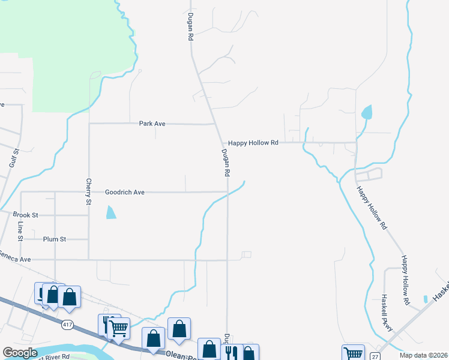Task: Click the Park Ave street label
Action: pos(152,124)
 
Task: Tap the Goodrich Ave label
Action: pos(125,193)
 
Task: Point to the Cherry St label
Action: pos(88,192)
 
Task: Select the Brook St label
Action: pos(26,215)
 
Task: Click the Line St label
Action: pos(20,231)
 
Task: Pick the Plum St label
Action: pos(54,239)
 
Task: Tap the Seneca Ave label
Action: pos(16,259)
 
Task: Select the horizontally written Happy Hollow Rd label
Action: pos(253,143)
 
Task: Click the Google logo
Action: pos(20,353)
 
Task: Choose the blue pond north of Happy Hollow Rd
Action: pos(367,112)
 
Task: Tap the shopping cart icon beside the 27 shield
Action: pos(353,353)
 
